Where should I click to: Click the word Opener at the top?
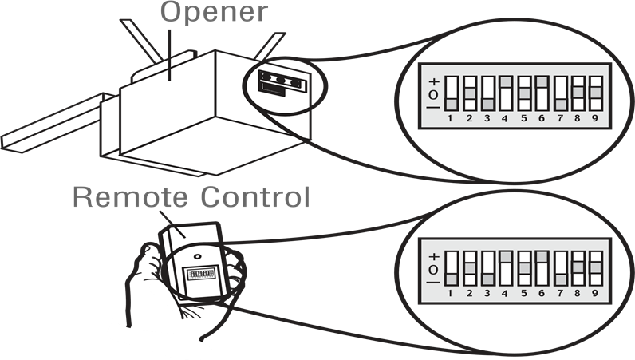tap(214, 14)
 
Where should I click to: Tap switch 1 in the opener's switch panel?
tap(452, 93)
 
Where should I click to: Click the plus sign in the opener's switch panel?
tap(433, 81)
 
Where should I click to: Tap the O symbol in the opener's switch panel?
tap(433, 94)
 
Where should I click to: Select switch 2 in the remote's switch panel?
tap(470, 269)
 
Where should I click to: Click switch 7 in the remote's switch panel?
tap(560, 269)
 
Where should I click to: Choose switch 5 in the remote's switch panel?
tap(524, 269)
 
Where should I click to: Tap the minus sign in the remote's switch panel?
tap(433, 282)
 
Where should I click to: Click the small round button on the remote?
tap(196, 259)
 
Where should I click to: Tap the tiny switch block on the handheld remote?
tap(199, 276)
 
